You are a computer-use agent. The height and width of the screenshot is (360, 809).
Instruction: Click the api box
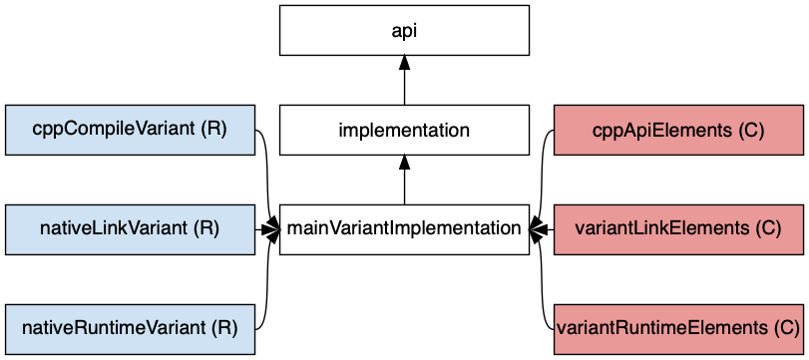404,30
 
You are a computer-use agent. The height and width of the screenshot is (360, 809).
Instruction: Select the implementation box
404,130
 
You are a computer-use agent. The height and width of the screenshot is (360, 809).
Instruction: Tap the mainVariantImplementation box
404,229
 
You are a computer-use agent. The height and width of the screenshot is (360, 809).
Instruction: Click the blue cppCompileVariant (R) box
130,130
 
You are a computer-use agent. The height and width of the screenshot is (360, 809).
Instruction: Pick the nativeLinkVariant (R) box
130,229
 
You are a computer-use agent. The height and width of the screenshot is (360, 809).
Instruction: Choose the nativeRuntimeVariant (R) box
130,328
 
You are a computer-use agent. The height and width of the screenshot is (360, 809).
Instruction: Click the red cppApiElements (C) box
678,130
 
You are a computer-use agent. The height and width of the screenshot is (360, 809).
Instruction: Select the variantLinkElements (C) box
678,229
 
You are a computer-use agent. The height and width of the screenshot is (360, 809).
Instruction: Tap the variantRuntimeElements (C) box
678,328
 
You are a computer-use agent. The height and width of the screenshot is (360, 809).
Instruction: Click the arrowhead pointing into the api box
404,63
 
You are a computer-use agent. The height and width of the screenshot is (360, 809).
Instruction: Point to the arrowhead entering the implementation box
404,163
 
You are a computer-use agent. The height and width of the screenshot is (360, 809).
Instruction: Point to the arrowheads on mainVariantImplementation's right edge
537,229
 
